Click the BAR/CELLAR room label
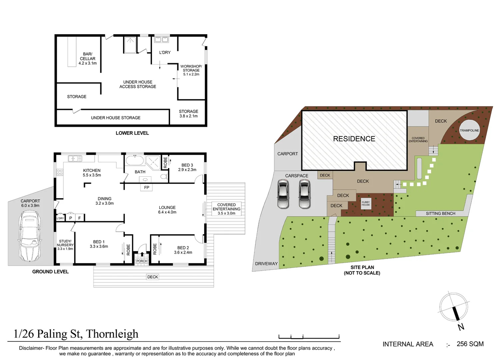[x=88, y=58]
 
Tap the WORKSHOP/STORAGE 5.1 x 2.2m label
[x=191, y=70]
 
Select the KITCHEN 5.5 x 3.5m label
[x=92, y=173]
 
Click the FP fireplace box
[x=147, y=188]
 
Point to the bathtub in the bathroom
[x=135, y=160]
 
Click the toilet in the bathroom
[x=164, y=176]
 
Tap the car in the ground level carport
[x=30, y=236]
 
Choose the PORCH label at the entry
[x=142, y=261]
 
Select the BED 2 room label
[x=183, y=250]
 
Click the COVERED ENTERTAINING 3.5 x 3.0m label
[x=226, y=209]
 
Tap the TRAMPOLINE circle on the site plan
[x=469, y=130]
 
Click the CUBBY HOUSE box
[x=366, y=203]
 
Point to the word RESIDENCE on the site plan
[x=354, y=139]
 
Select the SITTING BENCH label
[x=440, y=213]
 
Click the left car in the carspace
[x=283, y=194]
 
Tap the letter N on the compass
[x=461, y=327]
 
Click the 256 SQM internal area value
[x=470, y=344]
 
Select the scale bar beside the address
[x=309, y=336]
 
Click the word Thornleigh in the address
[x=112, y=334]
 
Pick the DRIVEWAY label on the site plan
[x=266, y=264]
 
